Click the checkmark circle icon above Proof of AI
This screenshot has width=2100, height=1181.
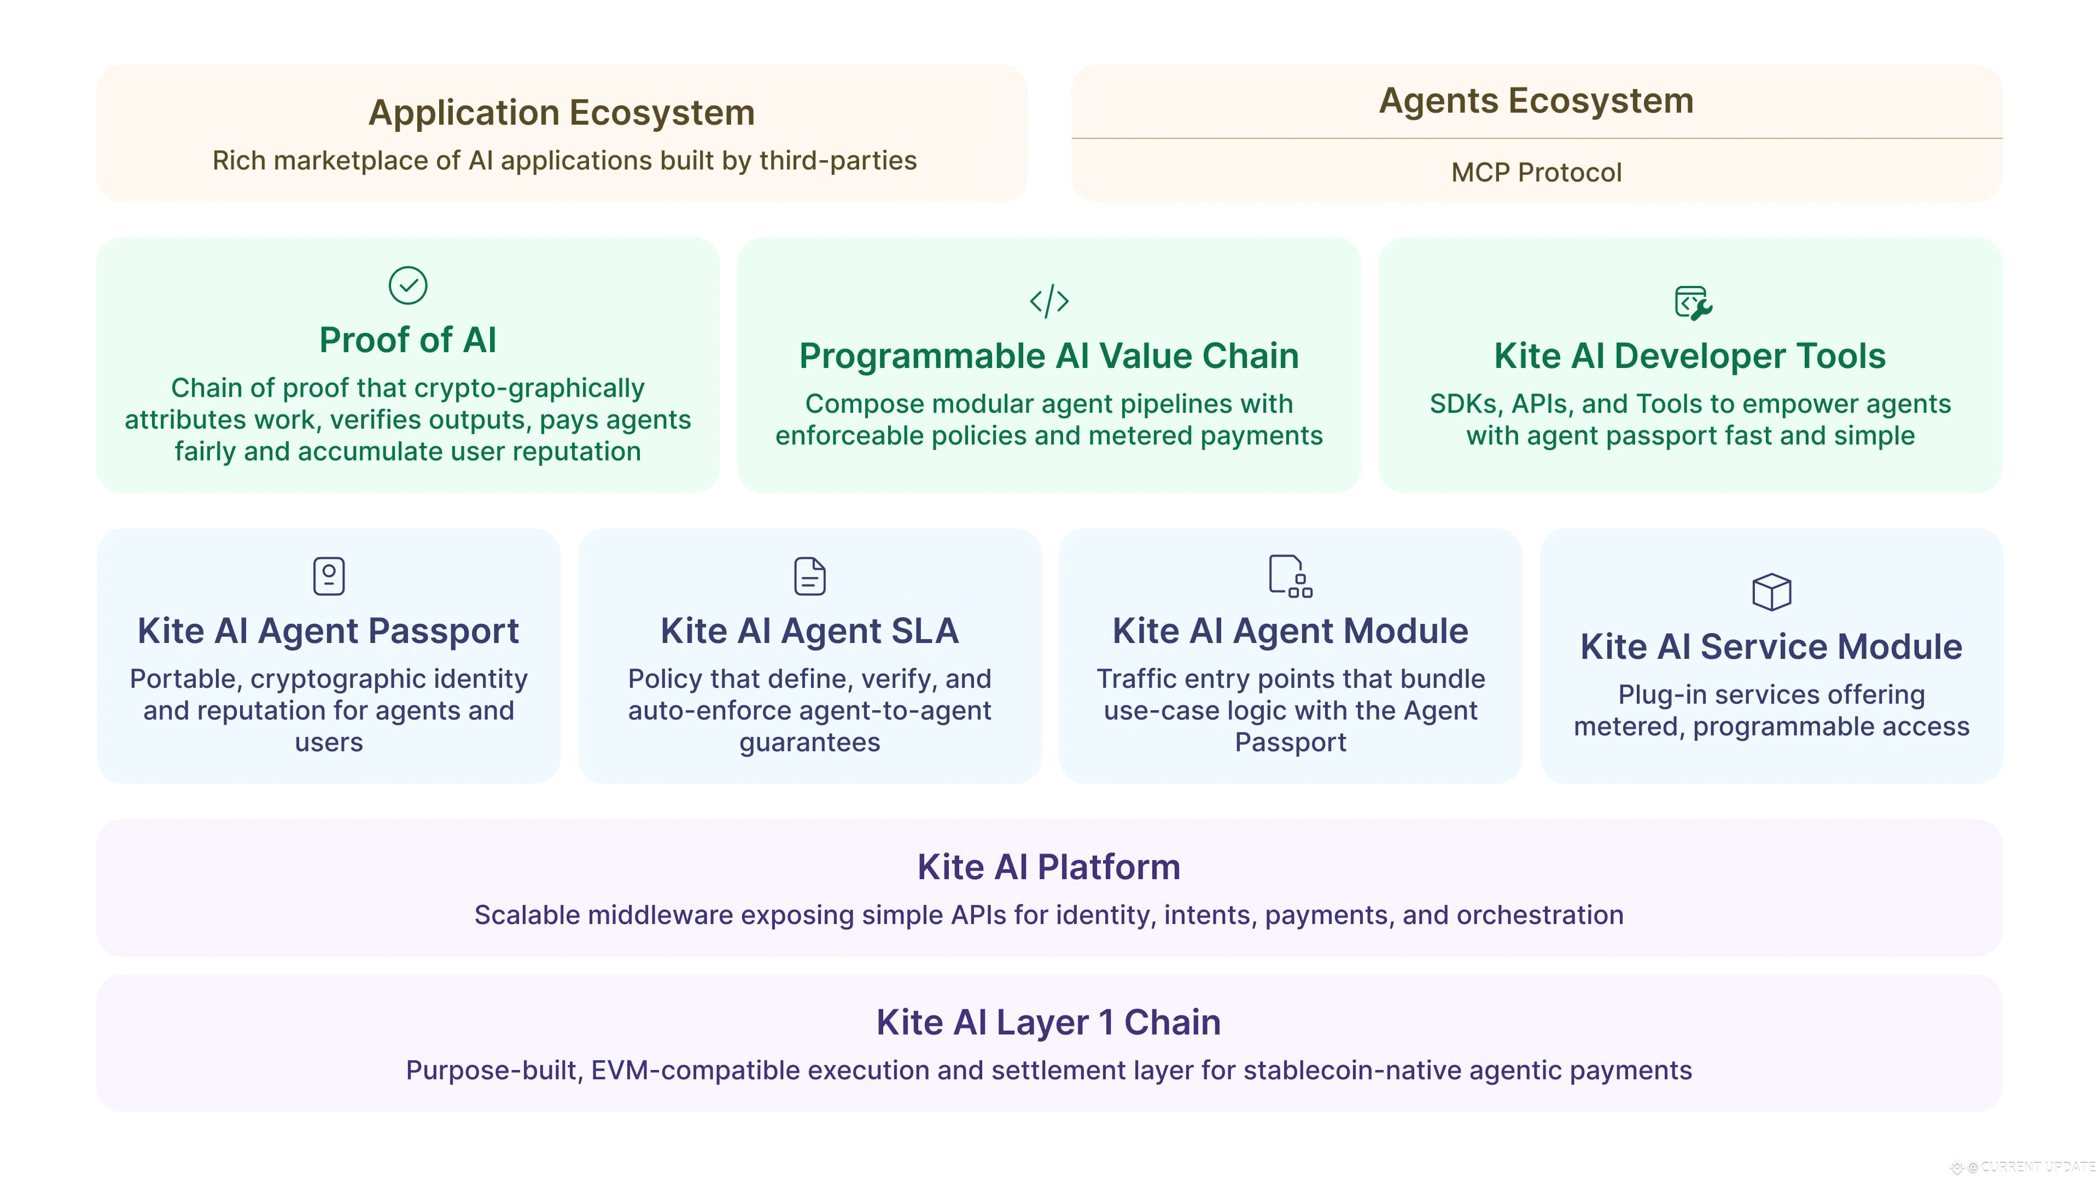[407, 285]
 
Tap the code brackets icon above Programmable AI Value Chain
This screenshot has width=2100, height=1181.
[1049, 301]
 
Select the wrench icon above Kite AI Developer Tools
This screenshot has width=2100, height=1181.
[1693, 302]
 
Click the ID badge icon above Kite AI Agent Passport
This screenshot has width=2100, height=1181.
[329, 576]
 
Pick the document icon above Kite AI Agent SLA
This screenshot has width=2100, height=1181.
[809, 576]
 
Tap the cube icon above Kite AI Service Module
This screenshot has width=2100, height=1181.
[1771, 592]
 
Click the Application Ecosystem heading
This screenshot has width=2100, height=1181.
[562, 113]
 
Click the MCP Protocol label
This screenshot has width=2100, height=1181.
[1536, 173]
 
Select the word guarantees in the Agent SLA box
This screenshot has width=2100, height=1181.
[809, 742]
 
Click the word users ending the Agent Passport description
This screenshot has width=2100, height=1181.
[329, 742]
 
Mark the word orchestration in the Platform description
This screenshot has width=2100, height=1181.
[1539, 915]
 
